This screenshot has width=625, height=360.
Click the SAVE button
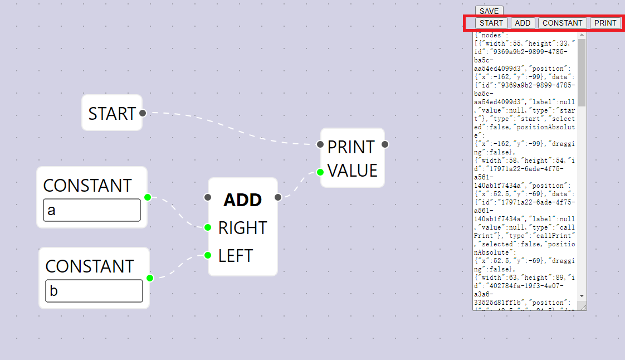[x=489, y=11]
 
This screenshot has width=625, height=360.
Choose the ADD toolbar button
[x=523, y=23]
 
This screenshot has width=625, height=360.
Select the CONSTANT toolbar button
[x=562, y=23]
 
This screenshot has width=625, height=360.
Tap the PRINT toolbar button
[x=605, y=23]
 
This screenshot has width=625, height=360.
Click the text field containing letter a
[x=92, y=210]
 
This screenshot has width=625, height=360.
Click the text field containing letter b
[x=94, y=291]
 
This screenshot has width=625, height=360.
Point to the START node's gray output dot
[x=143, y=113]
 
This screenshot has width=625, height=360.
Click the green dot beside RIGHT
[x=207, y=227]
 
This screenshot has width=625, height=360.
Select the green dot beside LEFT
[x=207, y=255]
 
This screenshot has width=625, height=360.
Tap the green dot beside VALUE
[x=320, y=172]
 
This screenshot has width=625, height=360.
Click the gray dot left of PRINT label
[x=320, y=144]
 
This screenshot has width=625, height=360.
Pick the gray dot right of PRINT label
[x=385, y=144]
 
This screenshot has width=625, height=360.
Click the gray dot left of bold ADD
[x=207, y=197]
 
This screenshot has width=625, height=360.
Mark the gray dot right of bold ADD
[x=278, y=197]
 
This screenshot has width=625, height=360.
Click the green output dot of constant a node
[x=148, y=197]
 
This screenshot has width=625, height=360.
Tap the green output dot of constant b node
[x=150, y=278]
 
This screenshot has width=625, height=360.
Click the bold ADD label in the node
[x=243, y=200]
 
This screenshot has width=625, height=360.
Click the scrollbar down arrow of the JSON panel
[x=582, y=295]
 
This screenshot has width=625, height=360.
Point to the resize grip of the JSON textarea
[x=583, y=307]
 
